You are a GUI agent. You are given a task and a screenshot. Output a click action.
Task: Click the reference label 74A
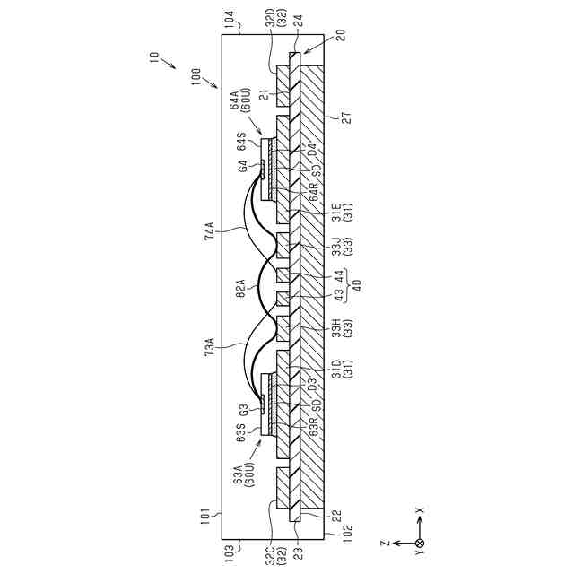(x=211, y=231)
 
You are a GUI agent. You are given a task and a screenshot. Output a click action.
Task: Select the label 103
(x=229, y=547)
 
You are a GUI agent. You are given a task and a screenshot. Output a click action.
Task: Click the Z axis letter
(x=383, y=543)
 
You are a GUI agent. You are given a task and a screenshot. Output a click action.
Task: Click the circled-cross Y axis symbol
(x=419, y=543)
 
